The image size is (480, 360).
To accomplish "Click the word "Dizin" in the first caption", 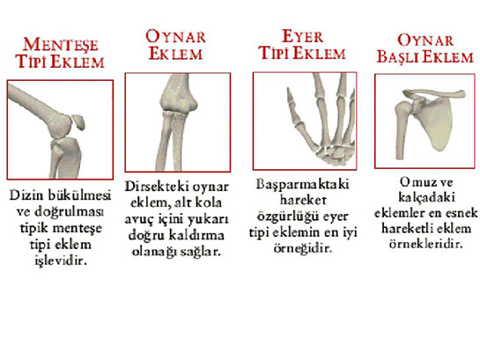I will pyautogui.click(x=27, y=194).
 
